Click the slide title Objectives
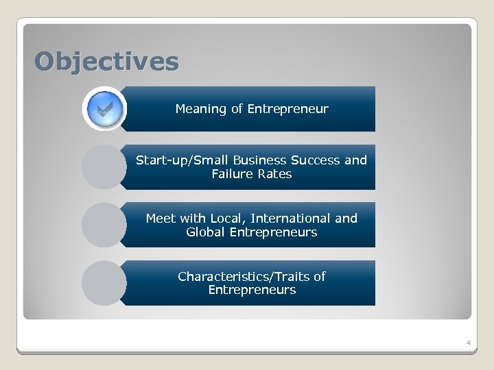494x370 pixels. [x=107, y=62]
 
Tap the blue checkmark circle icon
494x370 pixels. [x=104, y=109]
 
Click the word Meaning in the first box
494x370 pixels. [x=200, y=109]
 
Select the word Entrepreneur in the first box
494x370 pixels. [x=287, y=109]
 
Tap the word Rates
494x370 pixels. [x=276, y=174]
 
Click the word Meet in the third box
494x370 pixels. [x=161, y=219]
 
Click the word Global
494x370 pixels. [x=207, y=232]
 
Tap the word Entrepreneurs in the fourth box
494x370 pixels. [x=252, y=290]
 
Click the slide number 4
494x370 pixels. [x=468, y=342]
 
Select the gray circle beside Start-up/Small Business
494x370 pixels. [x=104, y=166]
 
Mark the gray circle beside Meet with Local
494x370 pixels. [x=104, y=225]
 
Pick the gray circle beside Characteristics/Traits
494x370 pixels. [x=104, y=282]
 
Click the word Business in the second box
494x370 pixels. [x=258, y=160]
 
